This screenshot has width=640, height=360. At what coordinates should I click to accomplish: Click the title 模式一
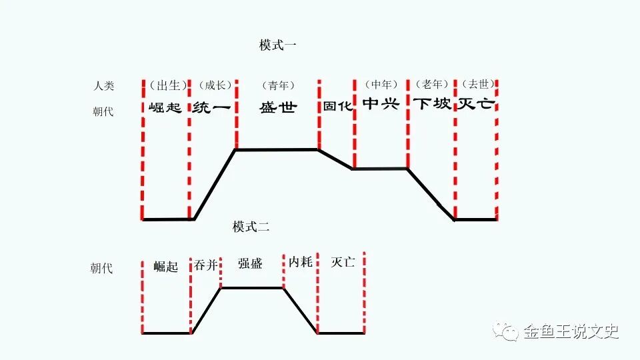(278, 45)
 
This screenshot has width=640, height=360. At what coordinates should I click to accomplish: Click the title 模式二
(251, 227)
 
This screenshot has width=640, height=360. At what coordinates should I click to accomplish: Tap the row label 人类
(103, 85)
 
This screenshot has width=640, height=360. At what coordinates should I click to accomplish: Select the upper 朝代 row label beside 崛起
(103, 111)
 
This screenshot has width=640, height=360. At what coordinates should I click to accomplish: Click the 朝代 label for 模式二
(102, 269)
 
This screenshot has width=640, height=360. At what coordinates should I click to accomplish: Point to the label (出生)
(165, 85)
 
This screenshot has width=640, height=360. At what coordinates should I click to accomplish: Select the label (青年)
(277, 85)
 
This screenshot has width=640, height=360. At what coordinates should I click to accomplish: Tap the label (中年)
(381, 84)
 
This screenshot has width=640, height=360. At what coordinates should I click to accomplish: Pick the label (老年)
(430, 84)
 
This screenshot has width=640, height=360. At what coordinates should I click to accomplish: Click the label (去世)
(476, 84)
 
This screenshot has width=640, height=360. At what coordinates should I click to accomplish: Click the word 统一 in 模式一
(211, 107)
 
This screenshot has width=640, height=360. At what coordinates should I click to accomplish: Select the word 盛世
(277, 107)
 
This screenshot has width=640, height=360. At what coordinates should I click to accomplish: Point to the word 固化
(337, 106)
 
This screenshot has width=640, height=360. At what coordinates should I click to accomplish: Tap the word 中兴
(381, 104)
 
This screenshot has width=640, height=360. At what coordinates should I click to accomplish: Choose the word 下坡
(431, 104)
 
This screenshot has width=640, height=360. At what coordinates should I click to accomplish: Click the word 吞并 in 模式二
(205, 265)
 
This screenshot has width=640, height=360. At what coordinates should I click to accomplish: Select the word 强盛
(251, 263)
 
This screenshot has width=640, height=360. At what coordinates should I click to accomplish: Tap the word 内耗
(301, 262)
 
